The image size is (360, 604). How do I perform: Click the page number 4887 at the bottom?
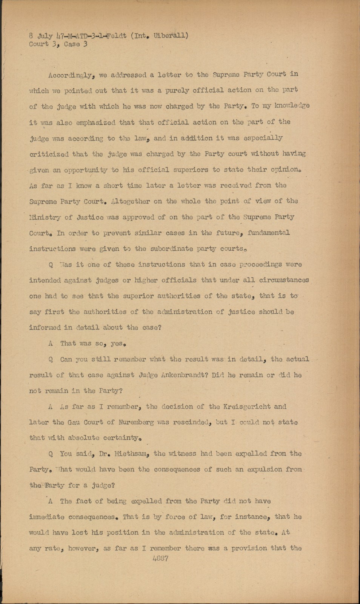click(x=160, y=559)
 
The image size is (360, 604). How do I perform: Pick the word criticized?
click(x=49, y=154)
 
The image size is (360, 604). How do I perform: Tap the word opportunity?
click(x=86, y=170)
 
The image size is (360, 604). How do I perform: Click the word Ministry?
click(x=45, y=217)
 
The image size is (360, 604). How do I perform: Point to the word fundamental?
click(x=269, y=233)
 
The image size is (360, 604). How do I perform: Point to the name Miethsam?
click(x=128, y=454)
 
